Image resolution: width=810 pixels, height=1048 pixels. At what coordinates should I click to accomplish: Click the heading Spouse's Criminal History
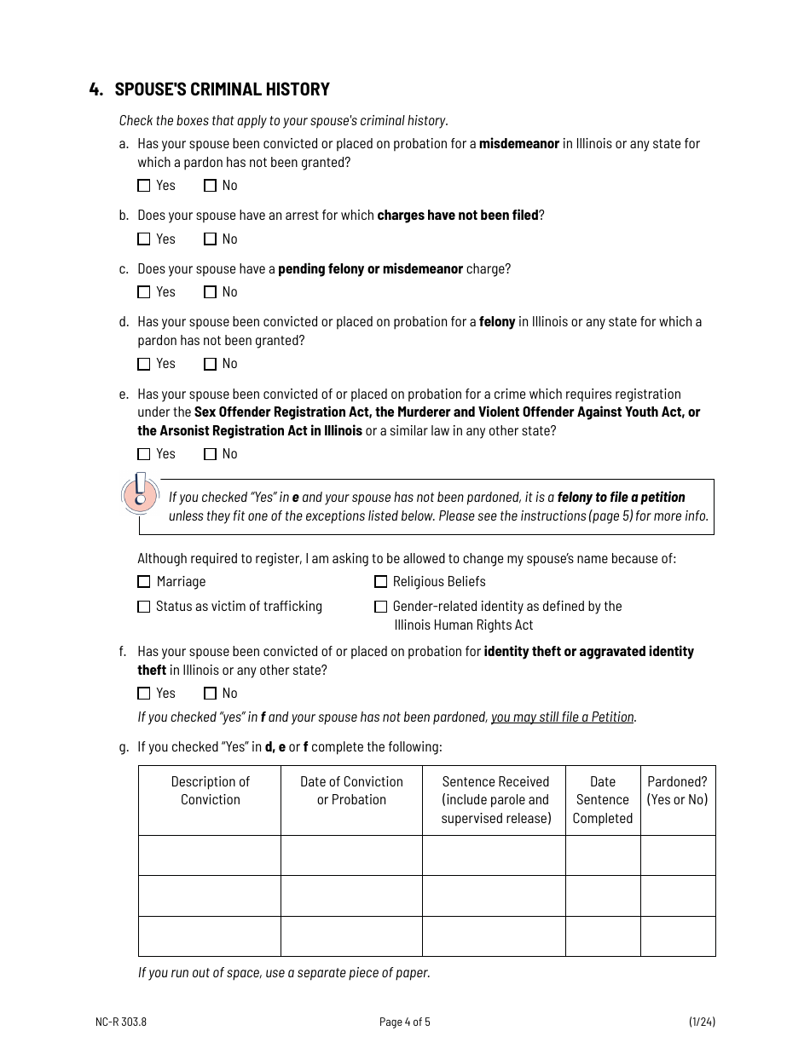(x=222, y=89)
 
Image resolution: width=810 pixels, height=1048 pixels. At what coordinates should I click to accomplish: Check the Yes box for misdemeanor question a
(x=144, y=186)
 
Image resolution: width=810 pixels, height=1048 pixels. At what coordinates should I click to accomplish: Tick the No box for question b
(x=210, y=239)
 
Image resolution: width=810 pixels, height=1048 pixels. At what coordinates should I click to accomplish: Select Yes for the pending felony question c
(x=144, y=292)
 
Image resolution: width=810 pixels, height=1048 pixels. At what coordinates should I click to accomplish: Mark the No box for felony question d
(x=210, y=364)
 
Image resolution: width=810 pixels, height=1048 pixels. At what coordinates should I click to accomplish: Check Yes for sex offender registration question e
(x=144, y=454)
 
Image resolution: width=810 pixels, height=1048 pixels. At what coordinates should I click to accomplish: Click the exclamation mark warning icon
(x=141, y=493)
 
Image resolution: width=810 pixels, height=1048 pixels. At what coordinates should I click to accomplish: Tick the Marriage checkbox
(x=144, y=582)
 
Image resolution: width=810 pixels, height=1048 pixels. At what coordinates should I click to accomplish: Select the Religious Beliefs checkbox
(x=380, y=582)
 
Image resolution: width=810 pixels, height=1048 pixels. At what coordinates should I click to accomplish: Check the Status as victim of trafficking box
(x=144, y=607)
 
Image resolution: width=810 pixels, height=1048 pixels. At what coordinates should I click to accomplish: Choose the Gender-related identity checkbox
(x=380, y=607)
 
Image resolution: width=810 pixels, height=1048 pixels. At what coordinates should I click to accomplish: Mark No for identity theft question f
(x=210, y=694)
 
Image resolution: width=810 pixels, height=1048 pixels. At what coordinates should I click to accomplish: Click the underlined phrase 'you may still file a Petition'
(x=563, y=717)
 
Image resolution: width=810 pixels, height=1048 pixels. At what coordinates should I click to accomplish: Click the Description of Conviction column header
(x=210, y=791)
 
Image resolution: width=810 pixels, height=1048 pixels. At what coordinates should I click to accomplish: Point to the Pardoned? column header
(x=677, y=791)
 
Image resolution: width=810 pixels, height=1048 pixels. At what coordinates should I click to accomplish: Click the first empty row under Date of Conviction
(x=351, y=855)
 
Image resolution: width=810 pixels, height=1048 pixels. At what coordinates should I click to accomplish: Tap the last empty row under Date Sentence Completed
(x=602, y=936)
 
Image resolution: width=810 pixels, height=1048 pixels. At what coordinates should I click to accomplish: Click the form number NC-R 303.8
(x=115, y=1022)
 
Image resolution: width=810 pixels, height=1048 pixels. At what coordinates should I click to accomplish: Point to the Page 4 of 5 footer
(x=405, y=1022)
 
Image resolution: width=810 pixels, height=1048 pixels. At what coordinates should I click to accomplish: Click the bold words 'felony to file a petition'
(x=621, y=498)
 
